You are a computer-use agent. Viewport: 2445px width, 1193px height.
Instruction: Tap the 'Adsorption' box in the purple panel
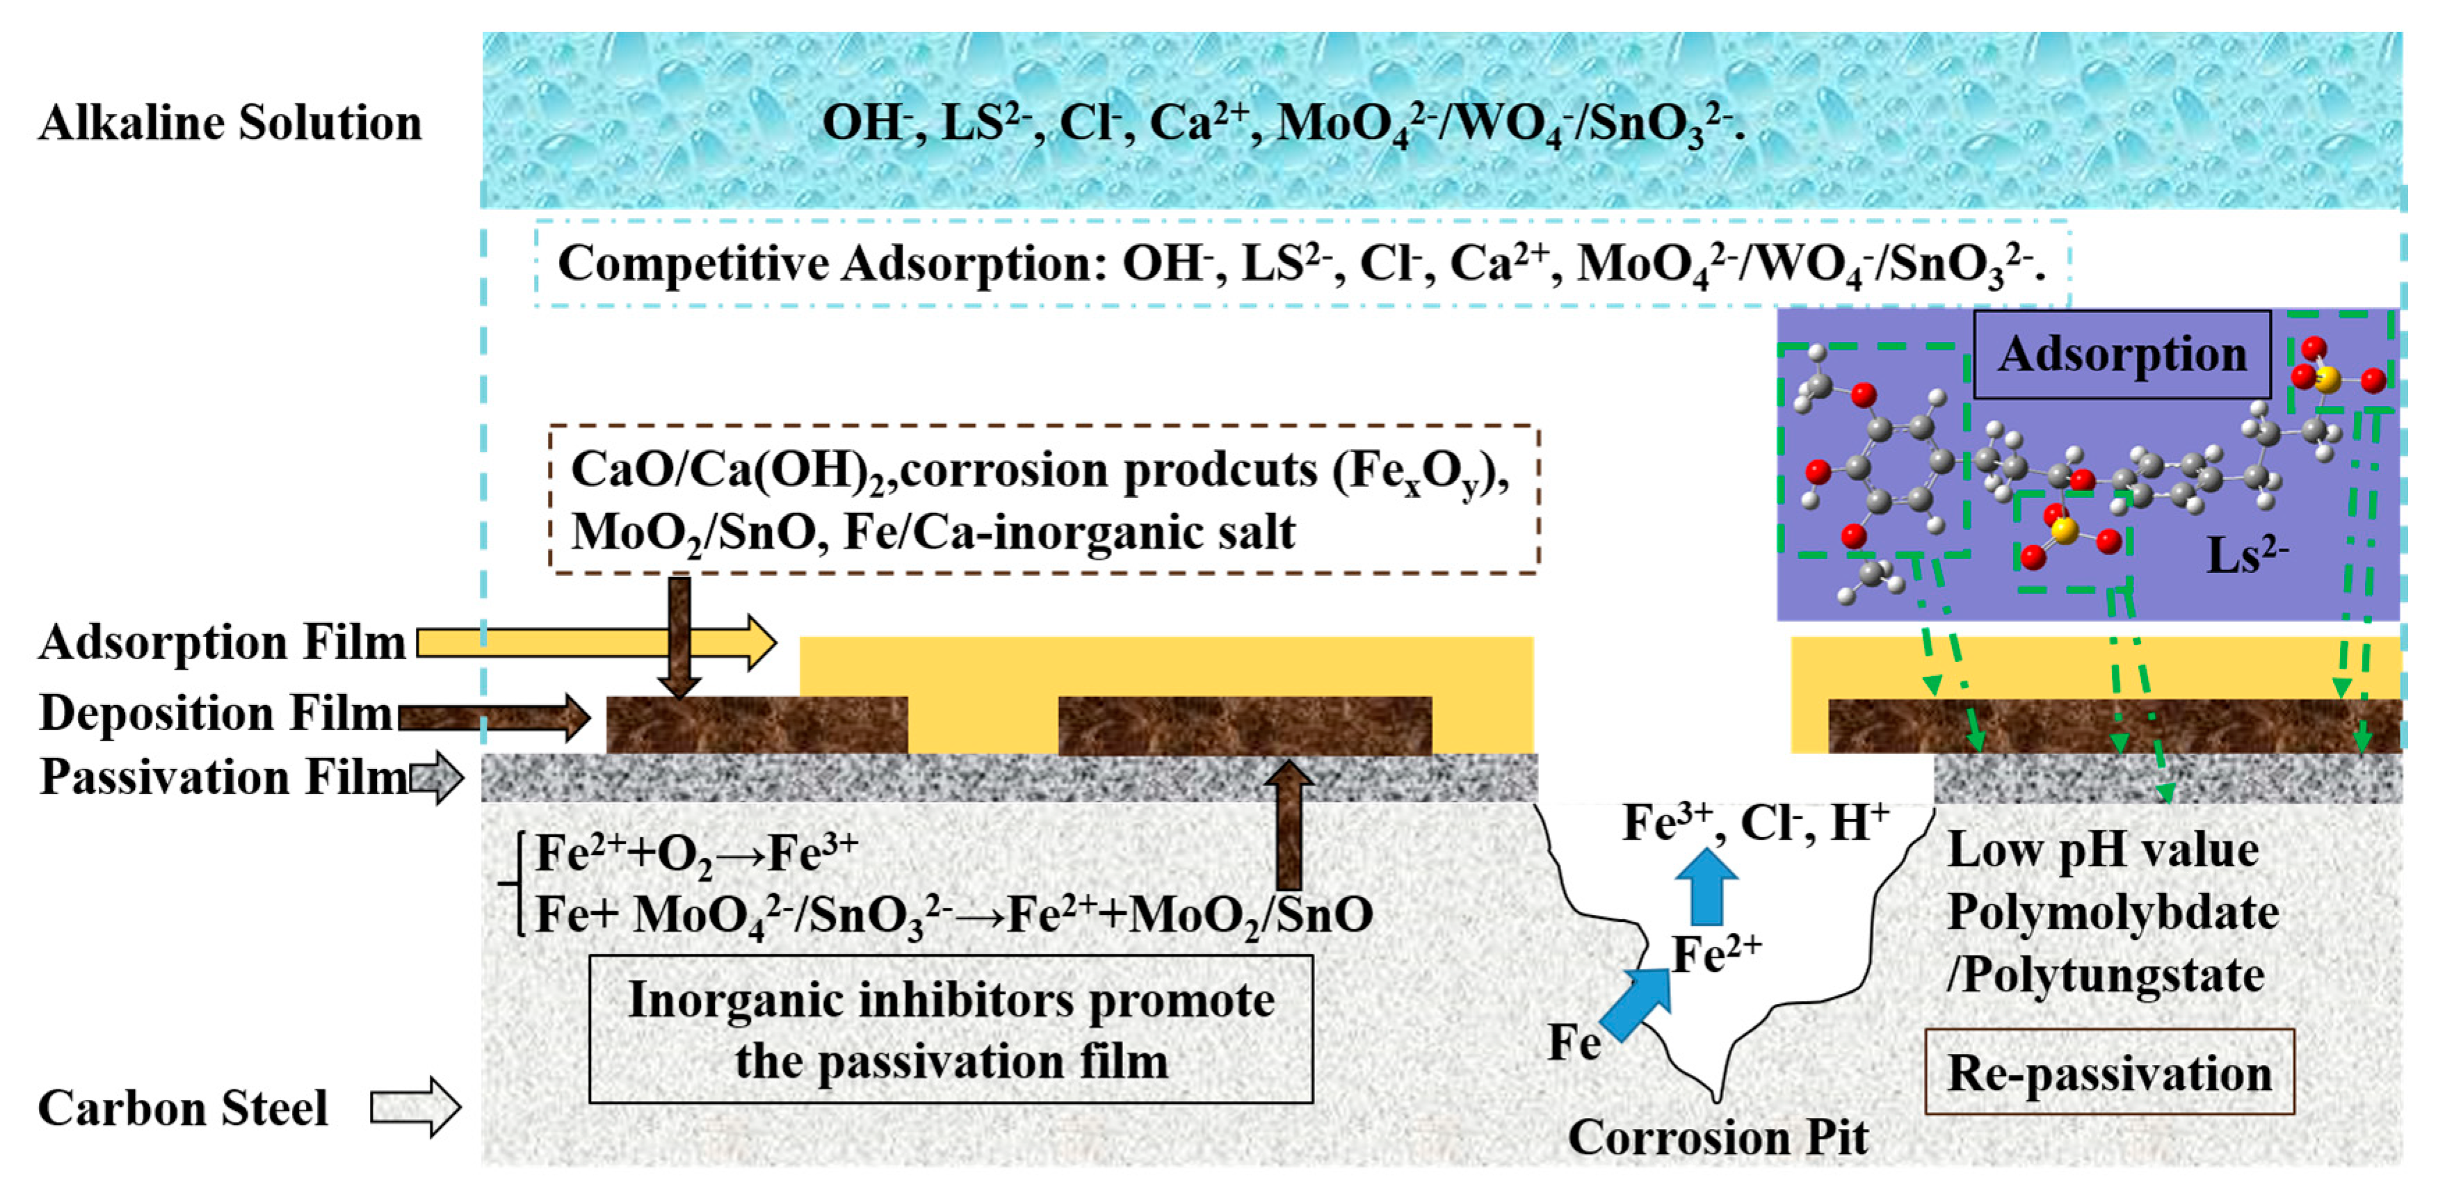(x=2122, y=353)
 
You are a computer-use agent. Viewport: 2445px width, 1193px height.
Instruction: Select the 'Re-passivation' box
(x=2109, y=1073)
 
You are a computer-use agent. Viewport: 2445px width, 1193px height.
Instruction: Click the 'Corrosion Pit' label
(x=1718, y=1137)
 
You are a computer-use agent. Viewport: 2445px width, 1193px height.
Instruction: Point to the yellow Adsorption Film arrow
(x=596, y=642)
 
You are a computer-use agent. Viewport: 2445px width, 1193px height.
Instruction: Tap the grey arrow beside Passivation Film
(x=437, y=777)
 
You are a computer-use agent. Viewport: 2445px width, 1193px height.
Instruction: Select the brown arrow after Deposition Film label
(x=494, y=717)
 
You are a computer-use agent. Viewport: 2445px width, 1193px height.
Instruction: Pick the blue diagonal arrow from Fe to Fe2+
(x=1637, y=1004)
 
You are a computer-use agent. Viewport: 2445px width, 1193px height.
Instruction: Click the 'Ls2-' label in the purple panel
(x=2245, y=555)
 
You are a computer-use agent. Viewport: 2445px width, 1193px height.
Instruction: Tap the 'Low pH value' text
(x=2102, y=850)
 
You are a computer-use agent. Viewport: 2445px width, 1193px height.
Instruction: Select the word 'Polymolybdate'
(x=2113, y=912)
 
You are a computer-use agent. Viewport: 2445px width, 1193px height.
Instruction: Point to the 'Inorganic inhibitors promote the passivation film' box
(x=951, y=1030)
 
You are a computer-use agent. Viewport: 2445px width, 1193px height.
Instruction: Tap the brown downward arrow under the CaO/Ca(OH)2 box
(x=679, y=636)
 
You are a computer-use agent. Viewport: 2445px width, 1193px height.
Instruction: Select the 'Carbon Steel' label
(x=182, y=1107)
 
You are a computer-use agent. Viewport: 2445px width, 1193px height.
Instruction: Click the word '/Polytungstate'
(x=2105, y=975)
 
